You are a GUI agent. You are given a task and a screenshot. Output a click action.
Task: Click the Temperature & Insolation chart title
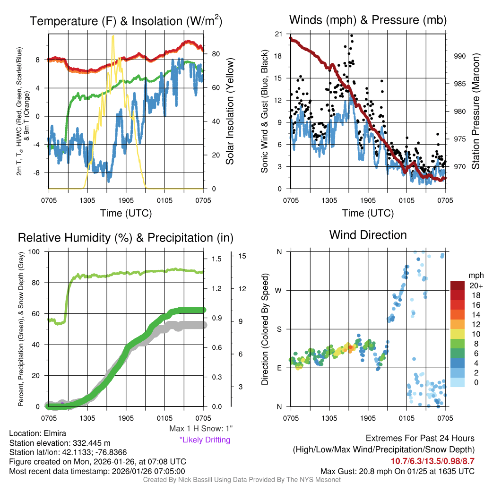tap(126, 21)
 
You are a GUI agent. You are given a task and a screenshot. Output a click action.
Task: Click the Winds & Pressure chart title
tap(368, 20)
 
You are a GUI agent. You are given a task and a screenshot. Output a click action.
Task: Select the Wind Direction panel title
tap(368, 235)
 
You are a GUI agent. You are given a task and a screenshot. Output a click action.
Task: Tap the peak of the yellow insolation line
tap(112, 36)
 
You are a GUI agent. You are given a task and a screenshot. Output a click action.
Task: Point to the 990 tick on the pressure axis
tap(460, 56)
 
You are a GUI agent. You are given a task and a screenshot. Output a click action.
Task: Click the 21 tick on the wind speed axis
tap(279, 34)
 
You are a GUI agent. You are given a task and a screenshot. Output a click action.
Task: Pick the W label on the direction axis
tap(279, 290)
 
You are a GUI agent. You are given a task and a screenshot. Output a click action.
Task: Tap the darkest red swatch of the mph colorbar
tap(458, 285)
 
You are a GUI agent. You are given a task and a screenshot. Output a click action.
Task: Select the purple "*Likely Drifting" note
tap(205, 440)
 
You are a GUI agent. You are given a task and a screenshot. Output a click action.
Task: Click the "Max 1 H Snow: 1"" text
tap(201, 429)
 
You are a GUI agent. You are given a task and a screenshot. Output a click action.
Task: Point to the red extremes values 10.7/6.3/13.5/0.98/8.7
tap(432, 461)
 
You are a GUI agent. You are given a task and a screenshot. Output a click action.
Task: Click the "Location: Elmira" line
tap(37, 433)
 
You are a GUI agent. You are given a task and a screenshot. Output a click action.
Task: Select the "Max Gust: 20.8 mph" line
tap(397, 471)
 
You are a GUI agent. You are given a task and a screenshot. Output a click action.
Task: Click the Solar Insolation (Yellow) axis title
tap(230, 112)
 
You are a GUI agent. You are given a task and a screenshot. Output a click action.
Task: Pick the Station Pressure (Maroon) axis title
tap(475, 112)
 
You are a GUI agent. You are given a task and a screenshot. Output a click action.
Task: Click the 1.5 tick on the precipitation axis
tap(217, 259)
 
